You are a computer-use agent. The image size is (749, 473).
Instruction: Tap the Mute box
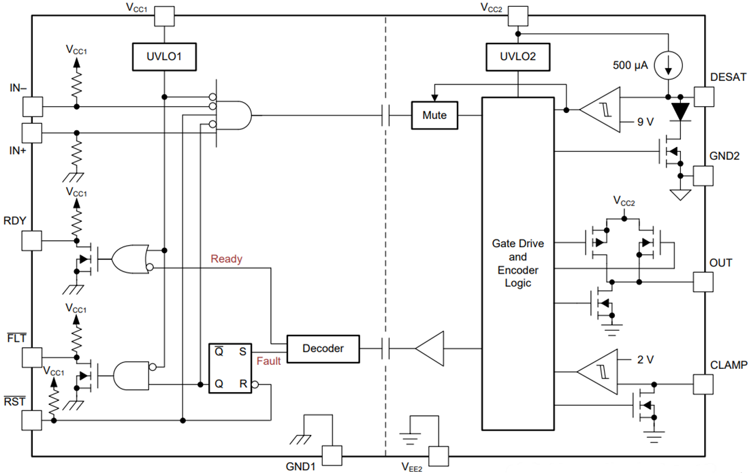coord(434,116)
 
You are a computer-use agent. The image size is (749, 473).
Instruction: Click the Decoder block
coord(323,348)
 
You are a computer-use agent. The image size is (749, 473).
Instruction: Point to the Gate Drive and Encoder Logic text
coord(517,263)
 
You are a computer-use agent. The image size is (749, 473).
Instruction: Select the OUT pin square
coord(703,281)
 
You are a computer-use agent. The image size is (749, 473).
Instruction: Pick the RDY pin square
coord(32,240)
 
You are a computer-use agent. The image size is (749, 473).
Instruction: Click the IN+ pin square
coord(32,133)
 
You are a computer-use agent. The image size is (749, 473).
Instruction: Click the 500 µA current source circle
coord(668,65)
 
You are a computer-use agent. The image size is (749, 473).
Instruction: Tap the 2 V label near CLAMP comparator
coord(643,359)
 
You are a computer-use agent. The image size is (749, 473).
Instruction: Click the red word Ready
coord(227,259)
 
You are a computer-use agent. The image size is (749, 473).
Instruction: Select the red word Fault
coord(268,361)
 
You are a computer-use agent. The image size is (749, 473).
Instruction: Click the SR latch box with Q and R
coord(230,368)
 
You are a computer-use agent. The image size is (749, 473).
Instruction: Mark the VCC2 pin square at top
coord(519,16)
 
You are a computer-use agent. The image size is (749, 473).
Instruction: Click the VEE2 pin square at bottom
coord(439,455)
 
